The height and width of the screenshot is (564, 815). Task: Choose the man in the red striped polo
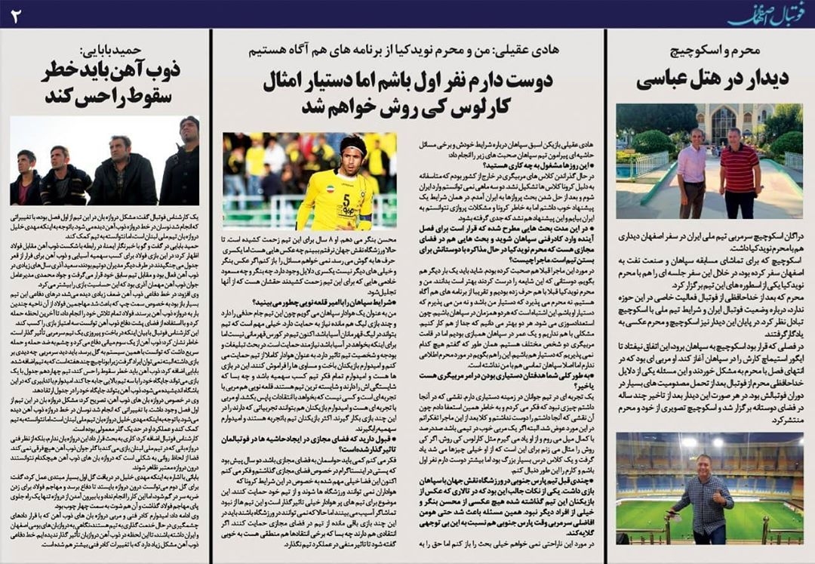[740, 174]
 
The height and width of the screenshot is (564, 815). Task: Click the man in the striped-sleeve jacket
[66, 177]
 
